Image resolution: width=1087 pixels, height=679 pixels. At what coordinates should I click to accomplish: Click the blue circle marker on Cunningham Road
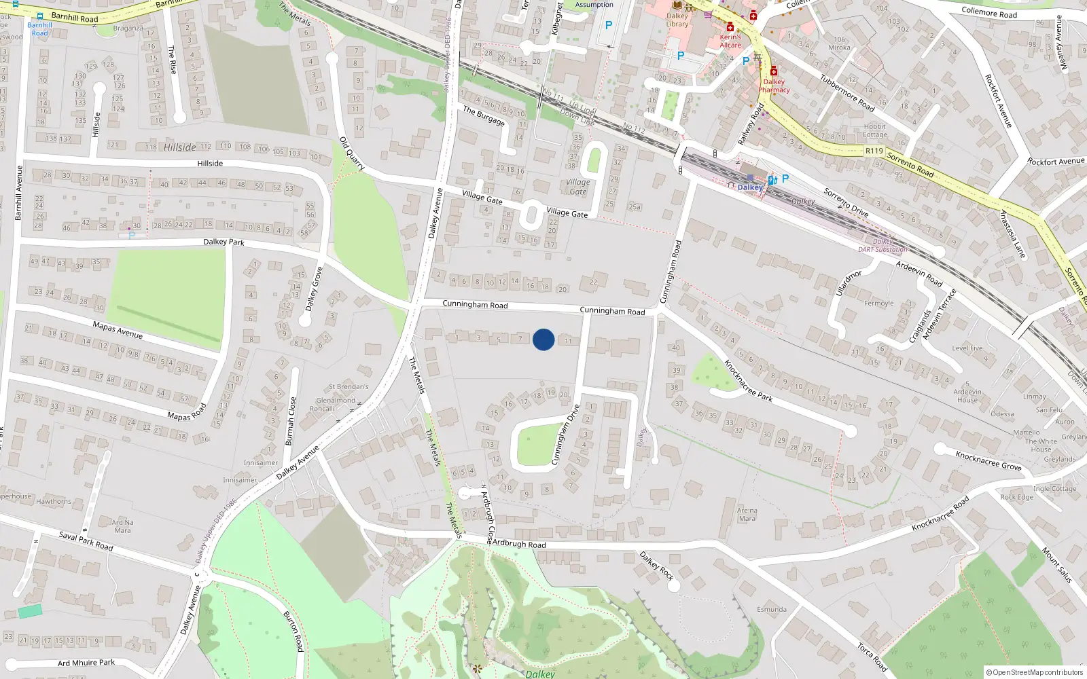(543, 339)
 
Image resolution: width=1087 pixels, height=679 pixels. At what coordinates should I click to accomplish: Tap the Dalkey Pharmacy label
(774, 86)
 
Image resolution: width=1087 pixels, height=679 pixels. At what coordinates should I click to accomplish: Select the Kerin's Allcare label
(730, 41)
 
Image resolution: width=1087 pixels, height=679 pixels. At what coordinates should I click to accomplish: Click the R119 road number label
(874, 151)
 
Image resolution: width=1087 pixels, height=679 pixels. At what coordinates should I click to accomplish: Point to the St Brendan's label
(349, 387)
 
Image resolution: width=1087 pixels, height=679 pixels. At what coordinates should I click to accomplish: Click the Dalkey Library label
(677, 20)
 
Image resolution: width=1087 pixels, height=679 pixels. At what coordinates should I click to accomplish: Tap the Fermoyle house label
(878, 304)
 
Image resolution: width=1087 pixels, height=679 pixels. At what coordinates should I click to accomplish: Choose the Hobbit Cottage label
(875, 130)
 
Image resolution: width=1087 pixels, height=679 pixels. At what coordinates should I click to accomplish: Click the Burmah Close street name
(291, 421)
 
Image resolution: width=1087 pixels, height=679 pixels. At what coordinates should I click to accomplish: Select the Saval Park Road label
(86, 540)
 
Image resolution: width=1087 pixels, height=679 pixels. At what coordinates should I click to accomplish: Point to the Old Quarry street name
(352, 153)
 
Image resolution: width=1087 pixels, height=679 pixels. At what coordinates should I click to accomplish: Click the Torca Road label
(871, 657)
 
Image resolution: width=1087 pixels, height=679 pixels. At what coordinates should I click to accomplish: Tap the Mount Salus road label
(1056, 565)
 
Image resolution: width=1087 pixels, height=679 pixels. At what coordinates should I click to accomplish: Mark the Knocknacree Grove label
(988, 460)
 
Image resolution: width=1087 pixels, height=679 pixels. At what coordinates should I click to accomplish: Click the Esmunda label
(772, 609)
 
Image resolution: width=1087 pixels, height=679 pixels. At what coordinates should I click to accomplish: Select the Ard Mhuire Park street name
(86, 663)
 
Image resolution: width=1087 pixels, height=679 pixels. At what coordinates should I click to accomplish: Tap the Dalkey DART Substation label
(883, 246)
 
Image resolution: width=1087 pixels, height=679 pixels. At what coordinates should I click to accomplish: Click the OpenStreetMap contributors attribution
(1034, 672)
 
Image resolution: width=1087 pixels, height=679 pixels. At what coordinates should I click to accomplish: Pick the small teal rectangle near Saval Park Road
(30, 611)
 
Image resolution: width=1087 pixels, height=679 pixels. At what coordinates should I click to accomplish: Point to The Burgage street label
(484, 116)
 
